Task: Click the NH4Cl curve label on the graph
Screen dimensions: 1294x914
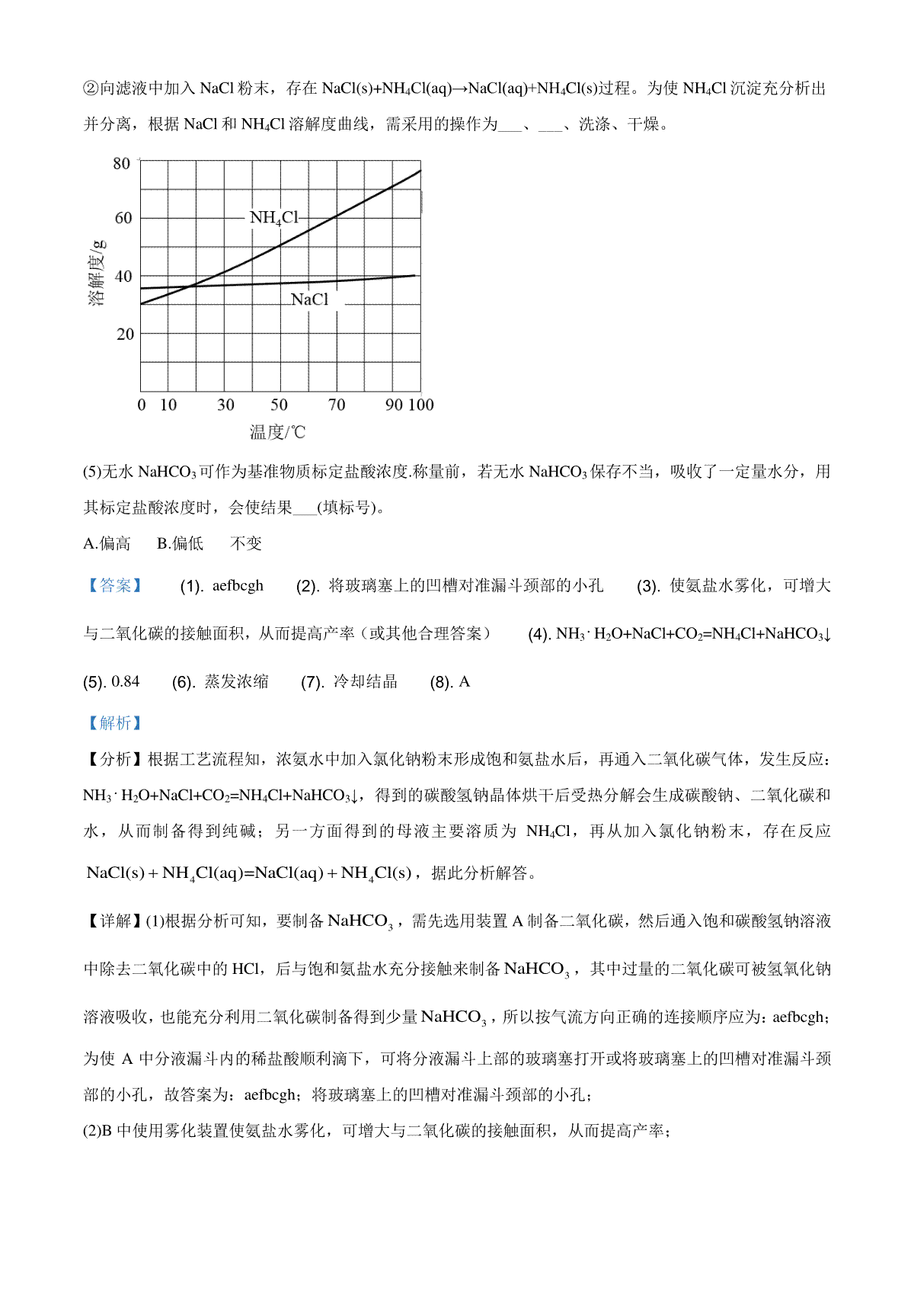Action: pos(274,218)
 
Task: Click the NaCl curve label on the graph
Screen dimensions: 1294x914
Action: pos(309,300)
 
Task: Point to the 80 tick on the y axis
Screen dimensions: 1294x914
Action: pos(122,163)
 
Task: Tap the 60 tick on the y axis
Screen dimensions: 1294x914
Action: pos(123,218)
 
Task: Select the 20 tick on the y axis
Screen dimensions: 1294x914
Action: pos(125,334)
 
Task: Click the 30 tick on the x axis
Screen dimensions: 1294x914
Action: pos(225,405)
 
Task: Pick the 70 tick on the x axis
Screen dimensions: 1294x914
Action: pos(336,405)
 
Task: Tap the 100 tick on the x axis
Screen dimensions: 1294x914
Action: pos(420,405)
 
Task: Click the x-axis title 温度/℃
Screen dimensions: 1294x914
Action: pos(277,433)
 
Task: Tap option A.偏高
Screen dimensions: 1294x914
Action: pos(107,543)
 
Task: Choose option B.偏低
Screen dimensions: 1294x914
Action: pos(180,543)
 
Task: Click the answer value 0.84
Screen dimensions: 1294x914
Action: pos(126,681)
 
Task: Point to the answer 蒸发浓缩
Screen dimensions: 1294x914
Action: pos(236,681)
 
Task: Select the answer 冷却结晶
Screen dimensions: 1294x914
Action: pos(366,681)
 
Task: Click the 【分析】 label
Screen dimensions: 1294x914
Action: pos(113,759)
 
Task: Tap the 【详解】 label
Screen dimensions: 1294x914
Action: pos(113,921)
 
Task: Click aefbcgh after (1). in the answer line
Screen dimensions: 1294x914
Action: pos(238,586)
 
